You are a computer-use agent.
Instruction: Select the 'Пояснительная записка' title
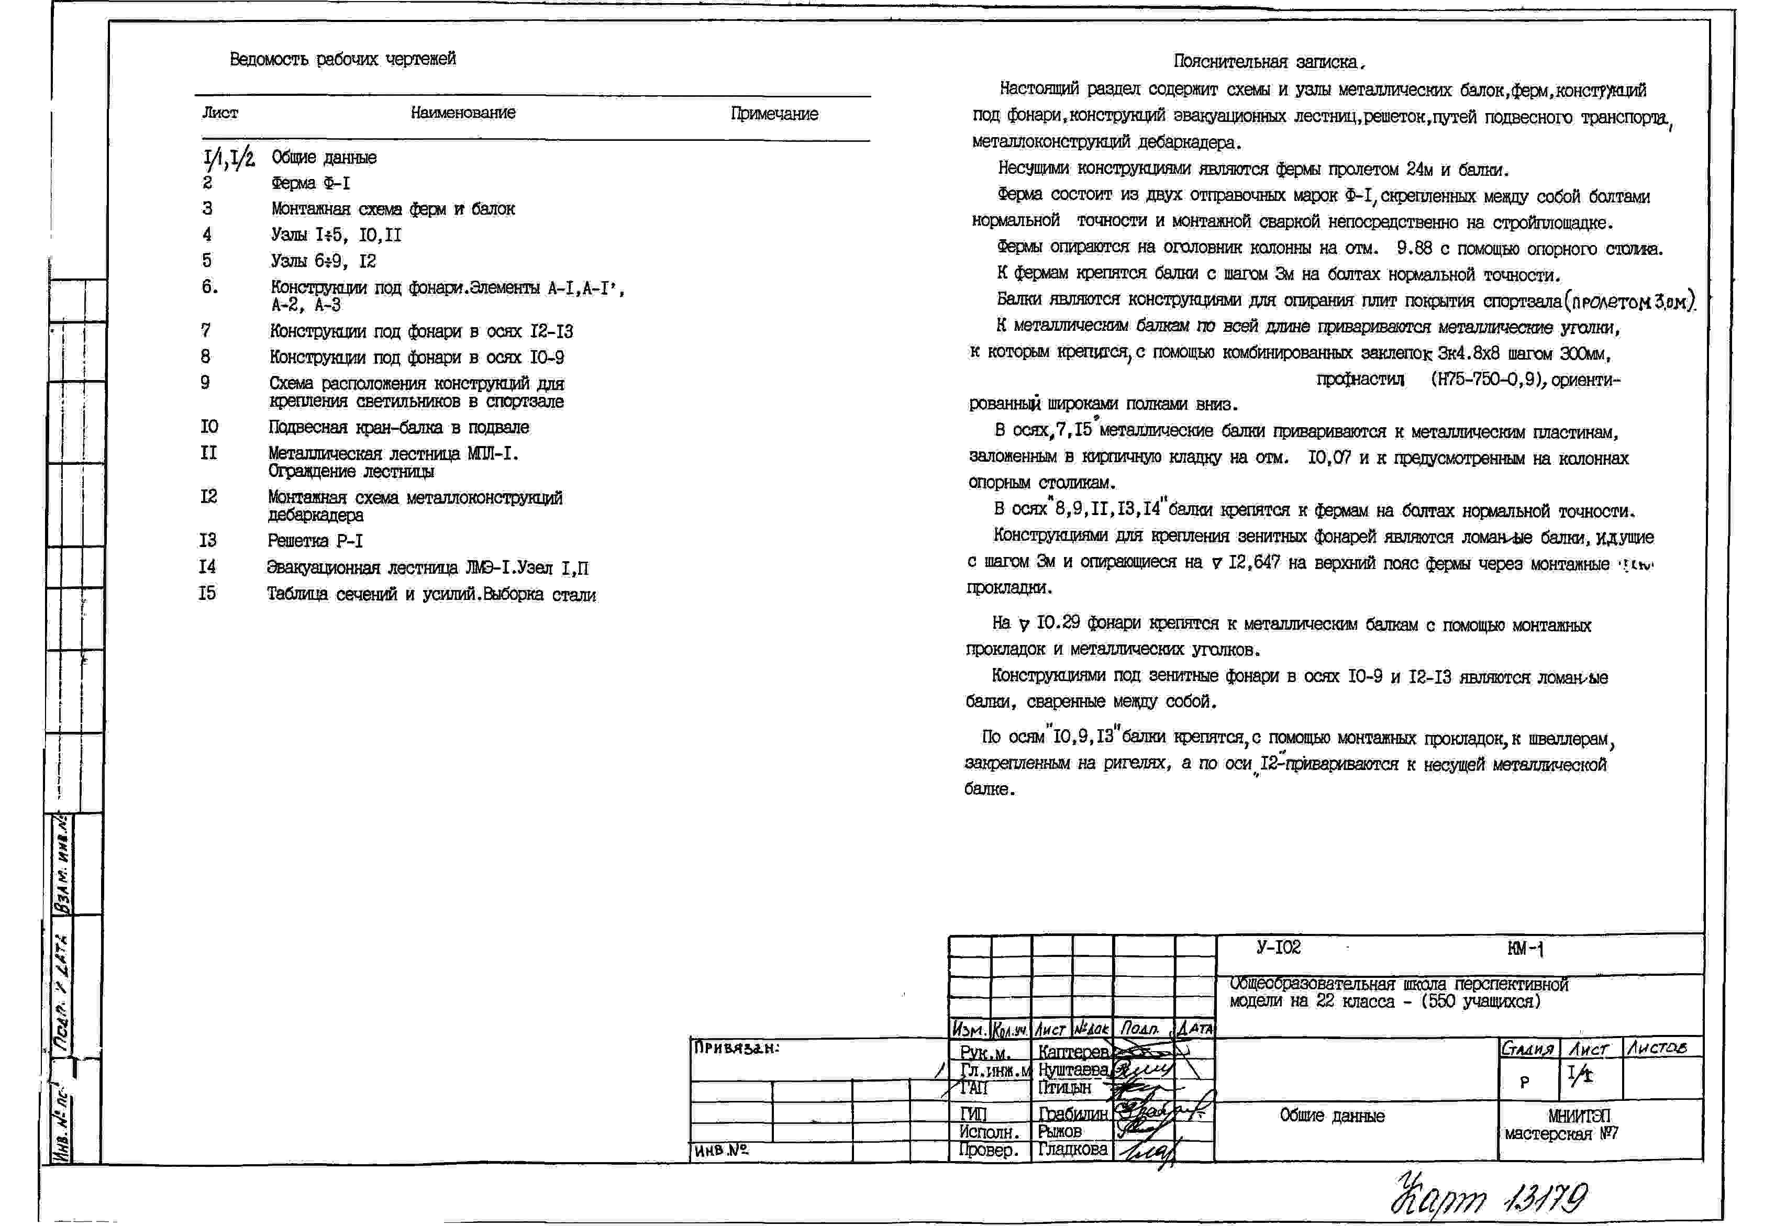1268,61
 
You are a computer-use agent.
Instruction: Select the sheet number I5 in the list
207,594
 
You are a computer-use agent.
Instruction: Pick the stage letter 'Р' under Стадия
1525,1082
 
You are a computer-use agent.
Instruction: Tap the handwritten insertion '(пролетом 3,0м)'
1629,302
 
